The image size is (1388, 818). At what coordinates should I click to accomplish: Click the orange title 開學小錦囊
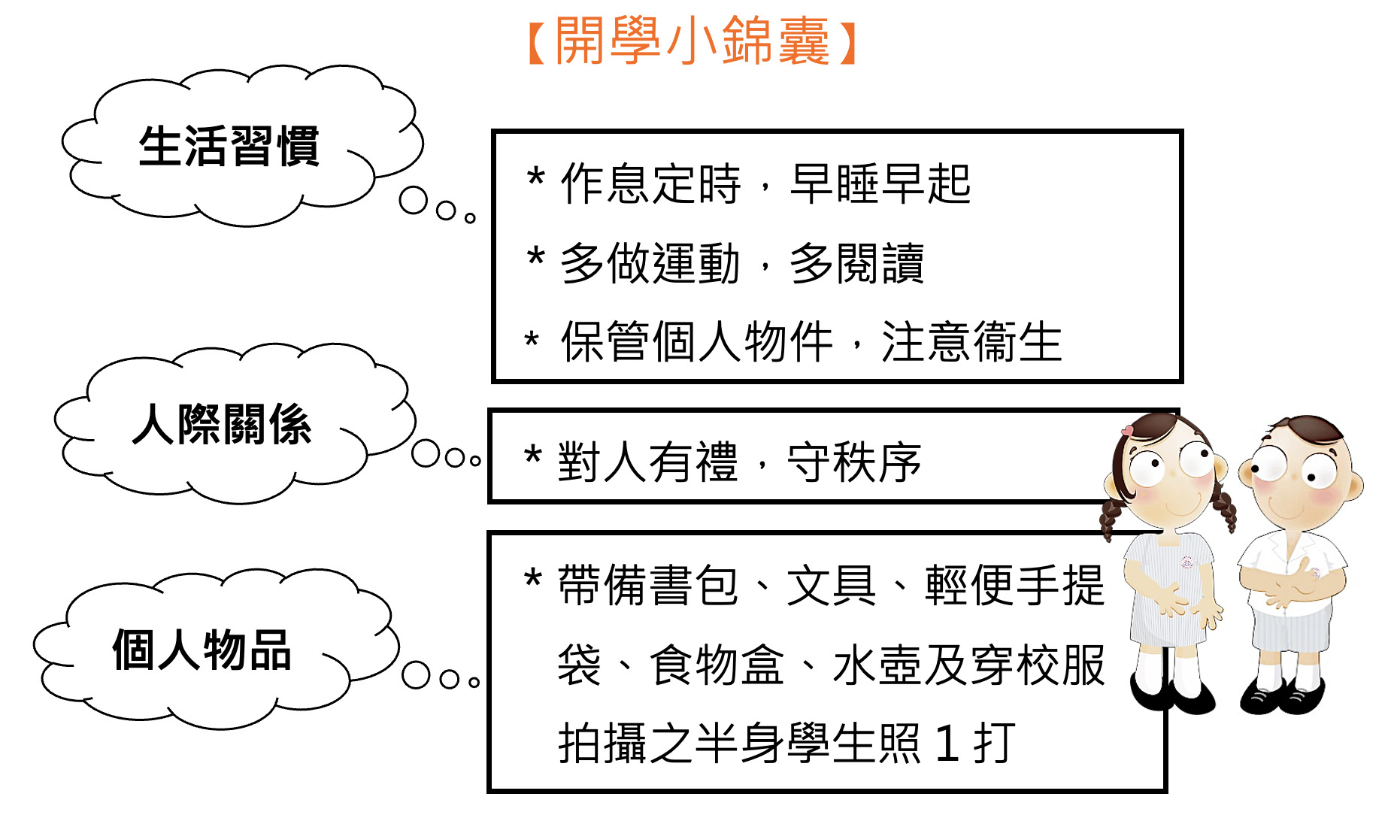point(692,41)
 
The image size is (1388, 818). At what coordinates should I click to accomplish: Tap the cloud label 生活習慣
point(229,146)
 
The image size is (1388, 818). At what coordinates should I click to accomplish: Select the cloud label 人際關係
point(222,424)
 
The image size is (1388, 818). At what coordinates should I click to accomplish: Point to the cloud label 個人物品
point(202,650)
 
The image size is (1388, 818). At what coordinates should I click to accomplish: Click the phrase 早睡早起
point(880,184)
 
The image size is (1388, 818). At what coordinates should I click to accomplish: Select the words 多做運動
point(650,264)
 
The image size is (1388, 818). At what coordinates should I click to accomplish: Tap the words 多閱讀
point(857,264)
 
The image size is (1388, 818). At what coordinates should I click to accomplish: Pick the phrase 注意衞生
point(971,342)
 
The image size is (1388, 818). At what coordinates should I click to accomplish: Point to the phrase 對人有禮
point(647,462)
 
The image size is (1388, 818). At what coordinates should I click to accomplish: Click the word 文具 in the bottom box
point(832,586)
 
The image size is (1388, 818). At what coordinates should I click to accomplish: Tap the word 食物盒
point(717,665)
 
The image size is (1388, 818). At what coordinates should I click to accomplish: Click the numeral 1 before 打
point(948,744)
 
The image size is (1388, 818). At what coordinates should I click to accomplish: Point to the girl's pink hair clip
point(1127,431)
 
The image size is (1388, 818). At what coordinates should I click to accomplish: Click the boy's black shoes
point(1281,696)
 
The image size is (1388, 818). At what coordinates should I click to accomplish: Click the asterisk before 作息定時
point(535,178)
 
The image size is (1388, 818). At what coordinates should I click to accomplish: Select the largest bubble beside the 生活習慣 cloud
point(414,200)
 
